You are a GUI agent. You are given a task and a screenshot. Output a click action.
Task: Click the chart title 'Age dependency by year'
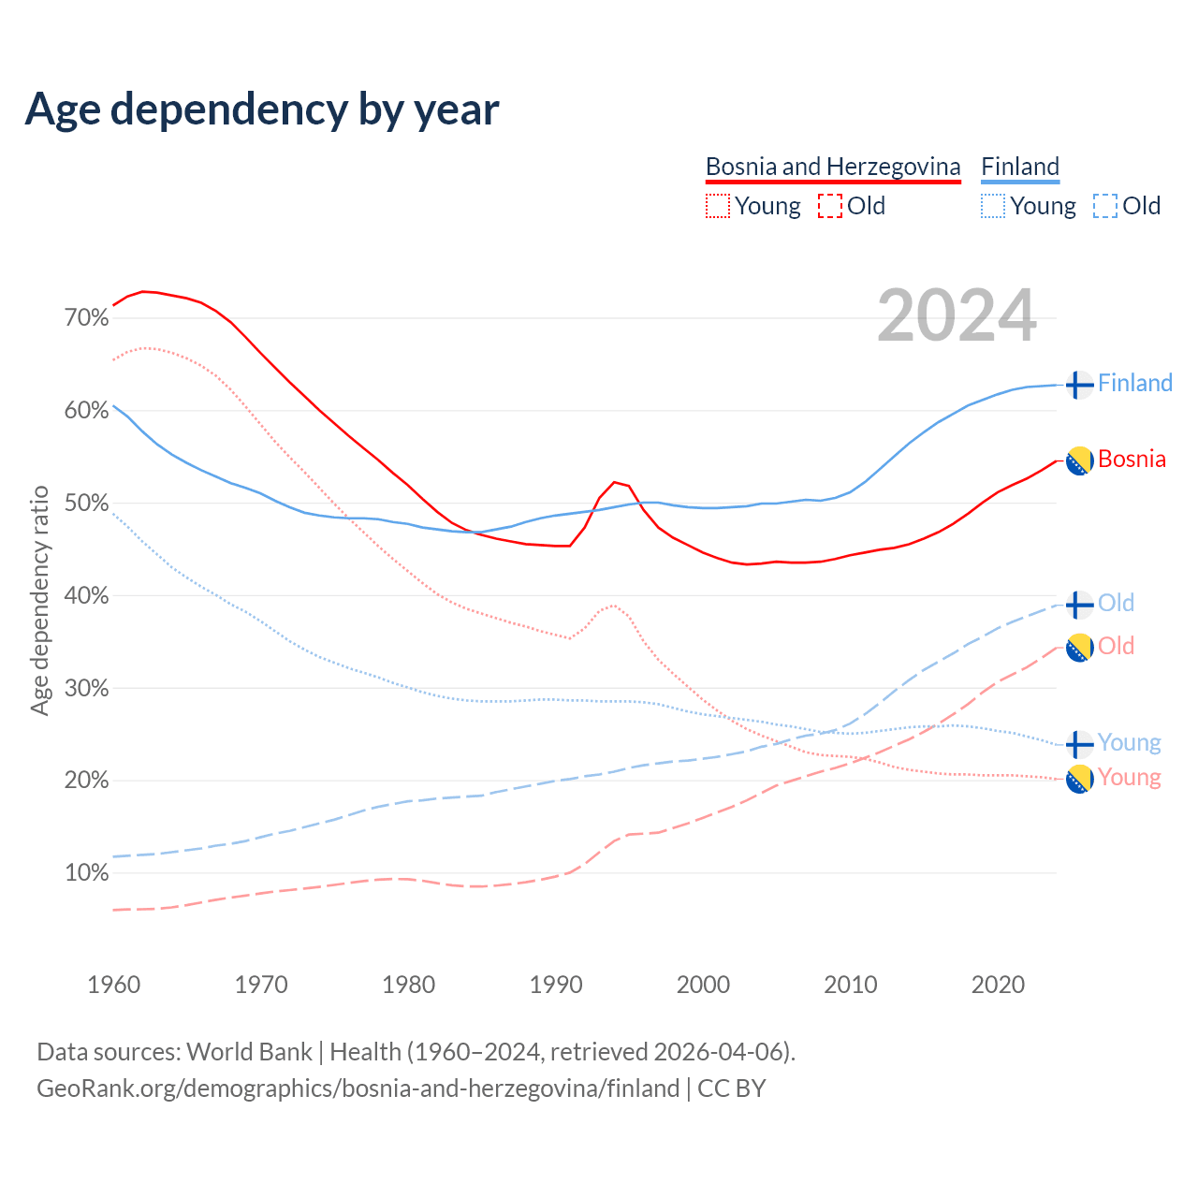(262, 110)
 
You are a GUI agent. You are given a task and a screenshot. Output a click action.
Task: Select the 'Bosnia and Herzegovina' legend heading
(833, 167)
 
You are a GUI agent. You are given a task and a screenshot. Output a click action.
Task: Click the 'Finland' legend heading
(1020, 167)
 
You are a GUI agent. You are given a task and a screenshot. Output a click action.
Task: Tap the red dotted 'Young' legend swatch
(717, 206)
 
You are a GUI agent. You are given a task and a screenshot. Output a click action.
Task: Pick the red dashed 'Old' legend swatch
(829, 206)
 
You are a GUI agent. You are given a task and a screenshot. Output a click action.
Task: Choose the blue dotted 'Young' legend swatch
(993, 206)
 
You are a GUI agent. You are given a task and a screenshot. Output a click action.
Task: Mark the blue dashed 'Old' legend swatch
(1105, 206)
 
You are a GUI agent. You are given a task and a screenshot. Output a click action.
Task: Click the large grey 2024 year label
(957, 315)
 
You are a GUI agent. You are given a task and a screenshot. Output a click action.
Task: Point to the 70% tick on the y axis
(87, 318)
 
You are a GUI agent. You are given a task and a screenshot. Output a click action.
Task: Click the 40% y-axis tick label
(87, 596)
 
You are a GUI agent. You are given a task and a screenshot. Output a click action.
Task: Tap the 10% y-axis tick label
(87, 873)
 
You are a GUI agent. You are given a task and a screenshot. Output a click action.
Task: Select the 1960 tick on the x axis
(113, 985)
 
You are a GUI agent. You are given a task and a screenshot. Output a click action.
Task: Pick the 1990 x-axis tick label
(556, 985)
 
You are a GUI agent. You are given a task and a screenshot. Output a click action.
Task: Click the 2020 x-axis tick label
(998, 985)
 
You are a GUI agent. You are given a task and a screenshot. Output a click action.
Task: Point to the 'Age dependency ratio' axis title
(39, 600)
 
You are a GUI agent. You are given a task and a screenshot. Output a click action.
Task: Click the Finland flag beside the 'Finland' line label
(1079, 385)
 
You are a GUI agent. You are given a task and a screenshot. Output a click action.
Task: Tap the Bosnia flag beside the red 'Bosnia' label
(1079, 460)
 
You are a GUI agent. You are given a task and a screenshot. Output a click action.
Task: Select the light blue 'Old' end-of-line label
(1116, 603)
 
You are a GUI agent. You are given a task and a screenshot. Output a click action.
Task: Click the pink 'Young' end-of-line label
(1129, 778)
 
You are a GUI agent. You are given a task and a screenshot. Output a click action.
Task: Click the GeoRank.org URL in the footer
(358, 1088)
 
